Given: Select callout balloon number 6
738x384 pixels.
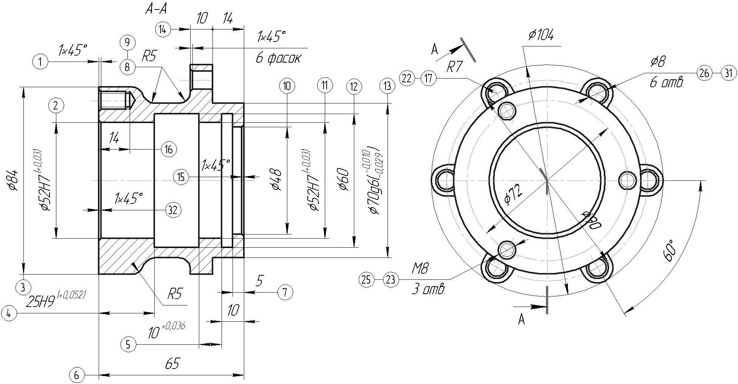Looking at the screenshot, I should coord(77,375).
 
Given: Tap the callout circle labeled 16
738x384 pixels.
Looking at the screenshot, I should coord(169,150).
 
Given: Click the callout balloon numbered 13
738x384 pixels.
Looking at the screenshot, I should coord(387,86).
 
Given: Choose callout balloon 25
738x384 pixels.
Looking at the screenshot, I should coord(366,280).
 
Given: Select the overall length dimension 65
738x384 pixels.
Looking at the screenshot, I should coord(172,364).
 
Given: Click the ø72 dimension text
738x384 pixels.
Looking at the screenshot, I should coord(513,195).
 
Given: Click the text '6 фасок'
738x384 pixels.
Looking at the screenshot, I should coord(278,59).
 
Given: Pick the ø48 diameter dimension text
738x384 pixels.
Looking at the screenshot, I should coord(277,180).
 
